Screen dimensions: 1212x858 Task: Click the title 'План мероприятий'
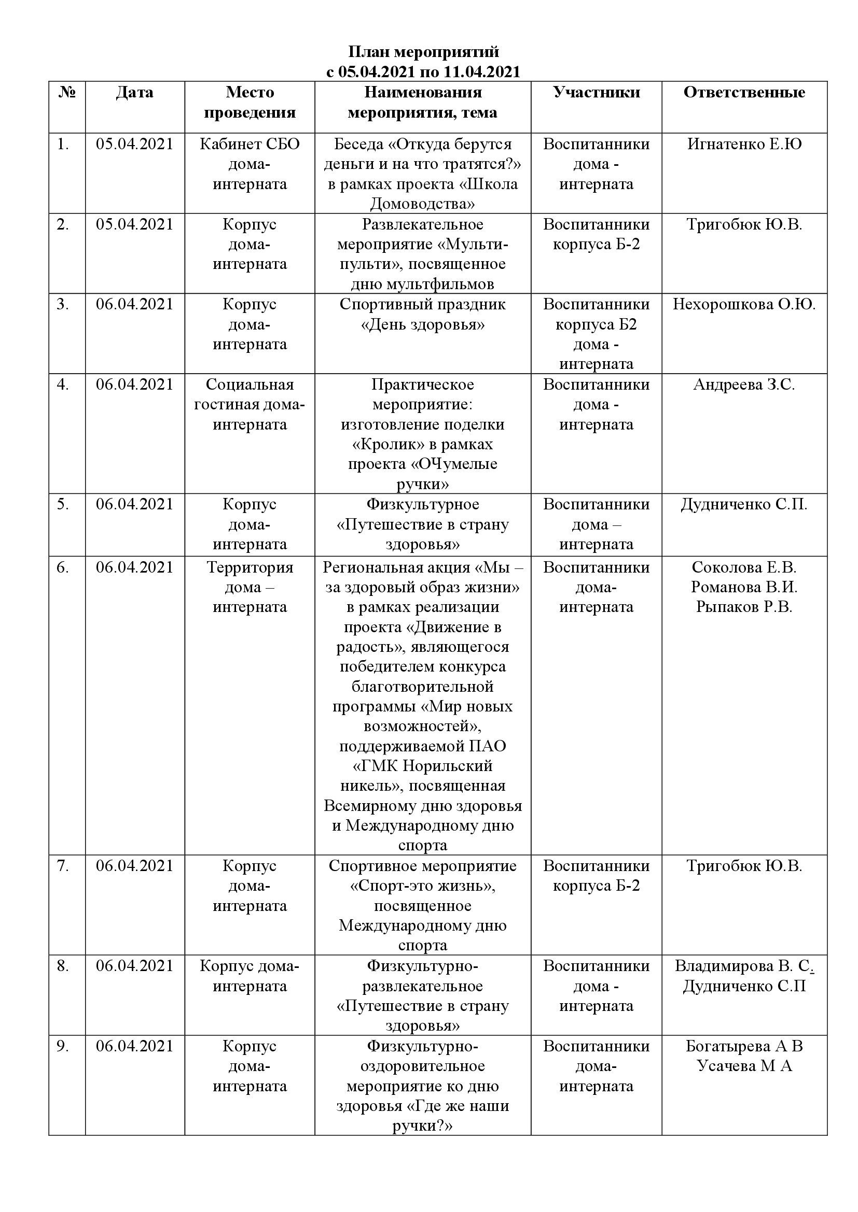[423, 52]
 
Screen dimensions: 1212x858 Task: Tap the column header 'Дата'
[135, 92]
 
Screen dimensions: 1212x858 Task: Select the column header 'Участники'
[597, 92]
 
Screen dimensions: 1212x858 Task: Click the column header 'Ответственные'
[744, 92]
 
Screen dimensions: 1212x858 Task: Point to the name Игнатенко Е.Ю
[744, 144]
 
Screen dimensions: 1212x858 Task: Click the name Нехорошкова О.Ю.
[744, 305]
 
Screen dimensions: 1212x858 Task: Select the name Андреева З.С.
[744, 385]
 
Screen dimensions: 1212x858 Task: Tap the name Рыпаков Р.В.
[744, 607]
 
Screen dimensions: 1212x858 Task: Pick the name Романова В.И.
[744, 587]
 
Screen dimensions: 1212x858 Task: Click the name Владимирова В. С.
[743, 966]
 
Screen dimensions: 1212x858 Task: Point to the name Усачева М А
[744, 1066]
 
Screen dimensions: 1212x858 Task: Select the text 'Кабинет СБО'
[250, 144]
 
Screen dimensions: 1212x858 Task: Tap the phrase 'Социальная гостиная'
[250, 395]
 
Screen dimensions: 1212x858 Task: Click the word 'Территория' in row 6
[250, 567]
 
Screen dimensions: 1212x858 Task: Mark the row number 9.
[63, 1046]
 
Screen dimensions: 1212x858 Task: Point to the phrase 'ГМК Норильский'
[423, 766]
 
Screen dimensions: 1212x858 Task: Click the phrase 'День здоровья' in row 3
[423, 325]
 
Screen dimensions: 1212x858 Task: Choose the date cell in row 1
[135, 144]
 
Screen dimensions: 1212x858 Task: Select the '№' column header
[66, 92]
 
